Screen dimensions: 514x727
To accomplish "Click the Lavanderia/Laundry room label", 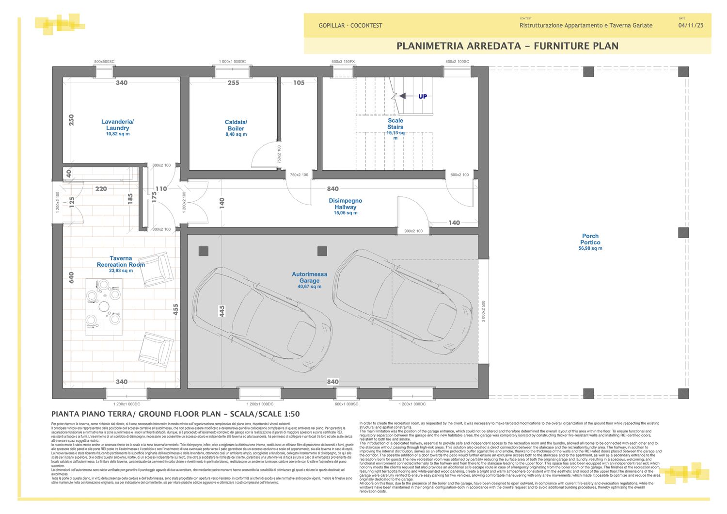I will [118, 125].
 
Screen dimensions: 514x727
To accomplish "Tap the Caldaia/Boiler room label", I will [236, 126].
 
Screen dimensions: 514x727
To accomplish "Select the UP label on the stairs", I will [423, 96].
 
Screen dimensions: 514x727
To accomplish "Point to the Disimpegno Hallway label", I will [346, 204].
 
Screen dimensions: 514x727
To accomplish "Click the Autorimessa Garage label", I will [309, 277].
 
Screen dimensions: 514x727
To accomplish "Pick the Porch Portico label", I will [590, 239].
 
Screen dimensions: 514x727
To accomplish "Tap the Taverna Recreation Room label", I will [121, 261].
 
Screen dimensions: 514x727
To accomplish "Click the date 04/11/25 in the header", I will [691, 26].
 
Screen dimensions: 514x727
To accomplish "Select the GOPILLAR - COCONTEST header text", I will [350, 26].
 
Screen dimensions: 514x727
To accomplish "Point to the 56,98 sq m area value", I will [590, 248].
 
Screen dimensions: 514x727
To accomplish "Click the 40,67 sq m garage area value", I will [309, 287].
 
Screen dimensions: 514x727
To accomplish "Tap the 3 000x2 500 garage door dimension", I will [483, 311].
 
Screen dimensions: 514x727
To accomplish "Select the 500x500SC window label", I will [104, 62].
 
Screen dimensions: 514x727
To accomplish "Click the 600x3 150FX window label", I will [343, 62].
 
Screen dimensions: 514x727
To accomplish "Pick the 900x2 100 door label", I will [413, 231].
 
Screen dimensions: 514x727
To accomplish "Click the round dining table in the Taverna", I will [104, 306].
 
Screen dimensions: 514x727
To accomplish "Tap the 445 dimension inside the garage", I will [222, 311].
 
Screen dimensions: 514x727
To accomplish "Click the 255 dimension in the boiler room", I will [234, 83].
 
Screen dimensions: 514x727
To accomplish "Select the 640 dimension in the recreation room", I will [72, 277].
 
